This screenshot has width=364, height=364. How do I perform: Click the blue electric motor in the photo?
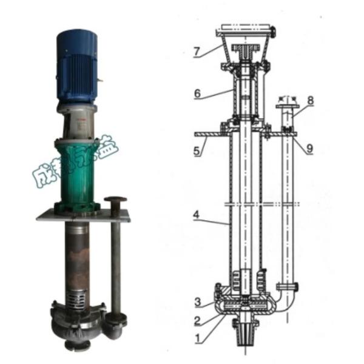click(78, 67)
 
